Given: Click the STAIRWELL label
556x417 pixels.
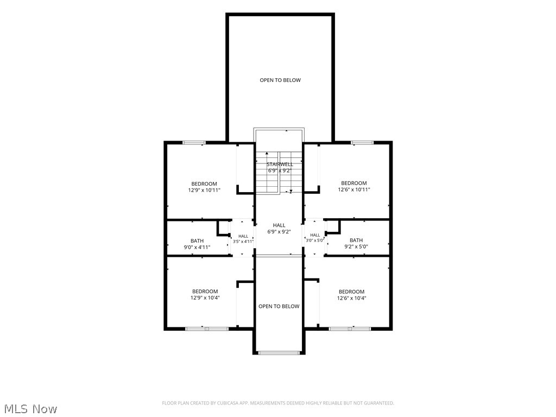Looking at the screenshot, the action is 280,164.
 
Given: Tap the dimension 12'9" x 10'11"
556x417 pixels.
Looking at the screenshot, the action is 204,190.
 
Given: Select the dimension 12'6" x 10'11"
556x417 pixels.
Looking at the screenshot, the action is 354,189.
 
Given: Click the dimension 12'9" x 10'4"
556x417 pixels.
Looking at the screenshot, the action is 205,298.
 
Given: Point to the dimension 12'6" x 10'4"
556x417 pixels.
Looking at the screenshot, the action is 351,298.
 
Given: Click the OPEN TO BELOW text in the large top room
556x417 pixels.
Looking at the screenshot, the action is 280,80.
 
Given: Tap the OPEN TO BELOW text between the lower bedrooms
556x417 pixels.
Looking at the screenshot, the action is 279,306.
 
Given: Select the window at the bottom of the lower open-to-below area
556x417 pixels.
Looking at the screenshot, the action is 279,353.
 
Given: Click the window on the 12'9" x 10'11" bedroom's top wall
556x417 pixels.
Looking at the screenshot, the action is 194,143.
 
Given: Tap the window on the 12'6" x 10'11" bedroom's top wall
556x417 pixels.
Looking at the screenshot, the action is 362,143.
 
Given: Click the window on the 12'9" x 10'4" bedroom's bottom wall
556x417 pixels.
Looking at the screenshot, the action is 207,328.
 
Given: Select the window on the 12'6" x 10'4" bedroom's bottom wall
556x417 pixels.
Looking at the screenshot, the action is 350,328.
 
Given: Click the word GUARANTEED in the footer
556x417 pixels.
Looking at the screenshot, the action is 380,403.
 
